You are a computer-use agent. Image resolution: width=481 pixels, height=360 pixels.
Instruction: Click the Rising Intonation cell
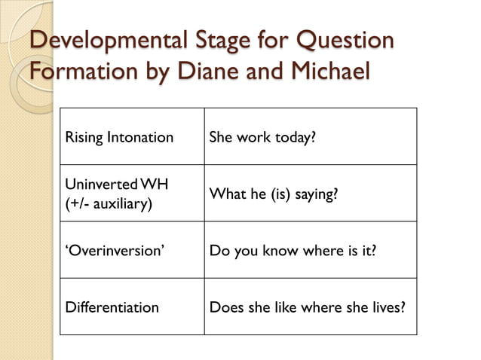[119, 138]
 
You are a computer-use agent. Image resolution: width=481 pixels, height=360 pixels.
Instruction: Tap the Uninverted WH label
[117, 185]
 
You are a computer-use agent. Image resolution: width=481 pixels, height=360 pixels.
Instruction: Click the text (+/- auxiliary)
[106, 203]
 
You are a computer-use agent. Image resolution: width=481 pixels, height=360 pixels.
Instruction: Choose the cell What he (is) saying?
[273, 194]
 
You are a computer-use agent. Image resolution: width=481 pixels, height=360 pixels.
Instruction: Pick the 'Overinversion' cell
[113, 250]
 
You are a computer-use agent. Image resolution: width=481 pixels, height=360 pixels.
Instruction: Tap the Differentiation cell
[112, 307]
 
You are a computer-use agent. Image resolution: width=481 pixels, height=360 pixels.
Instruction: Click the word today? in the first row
[296, 138]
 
